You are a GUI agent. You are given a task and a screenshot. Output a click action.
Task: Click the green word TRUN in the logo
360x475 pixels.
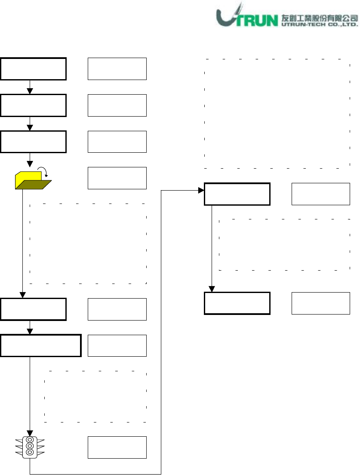coord(255,20)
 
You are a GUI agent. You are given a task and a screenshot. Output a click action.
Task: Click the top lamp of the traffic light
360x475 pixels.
coord(30,440)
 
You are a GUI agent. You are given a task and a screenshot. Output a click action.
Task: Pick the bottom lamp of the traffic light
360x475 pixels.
coord(30,453)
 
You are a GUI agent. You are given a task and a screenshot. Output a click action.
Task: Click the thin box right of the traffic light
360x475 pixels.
coord(117,447)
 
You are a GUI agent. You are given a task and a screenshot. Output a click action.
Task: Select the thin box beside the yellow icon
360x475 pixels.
coord(117,178)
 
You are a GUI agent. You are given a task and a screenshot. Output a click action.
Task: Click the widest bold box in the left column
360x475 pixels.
coord(41,345)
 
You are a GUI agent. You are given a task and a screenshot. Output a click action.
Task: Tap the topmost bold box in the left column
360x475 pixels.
coord(34,68)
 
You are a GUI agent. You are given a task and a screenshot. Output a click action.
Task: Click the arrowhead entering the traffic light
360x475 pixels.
coord(30,432)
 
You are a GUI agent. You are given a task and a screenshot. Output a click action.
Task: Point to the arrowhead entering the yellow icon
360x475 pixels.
coord(30,164)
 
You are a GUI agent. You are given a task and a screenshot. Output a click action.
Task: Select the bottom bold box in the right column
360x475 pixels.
coord(237,303)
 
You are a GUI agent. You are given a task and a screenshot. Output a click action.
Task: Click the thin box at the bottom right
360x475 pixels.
coord(321,303)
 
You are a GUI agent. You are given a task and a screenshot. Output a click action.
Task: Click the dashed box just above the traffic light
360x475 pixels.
coord(96,396)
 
